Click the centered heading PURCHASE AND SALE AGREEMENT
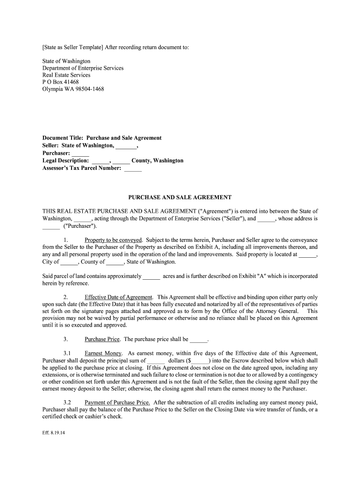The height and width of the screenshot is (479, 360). [x=180, y=197]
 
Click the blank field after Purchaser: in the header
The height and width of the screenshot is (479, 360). [x=80, y=153]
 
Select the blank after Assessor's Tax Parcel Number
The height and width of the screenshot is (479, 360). [x=133, y=168]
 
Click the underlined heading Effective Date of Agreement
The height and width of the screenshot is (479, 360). [x=118, y=298]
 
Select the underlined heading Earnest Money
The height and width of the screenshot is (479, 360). [x=103, y=353]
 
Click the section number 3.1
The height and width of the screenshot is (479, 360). [x=67, y=353]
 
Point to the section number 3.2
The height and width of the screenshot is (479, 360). [x=67, y=402]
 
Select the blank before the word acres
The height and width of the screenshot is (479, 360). [x=151, y=276]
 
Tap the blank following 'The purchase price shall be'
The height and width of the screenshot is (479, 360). [x=198, y=340]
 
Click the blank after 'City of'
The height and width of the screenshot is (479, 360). [x=70, y=262]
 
